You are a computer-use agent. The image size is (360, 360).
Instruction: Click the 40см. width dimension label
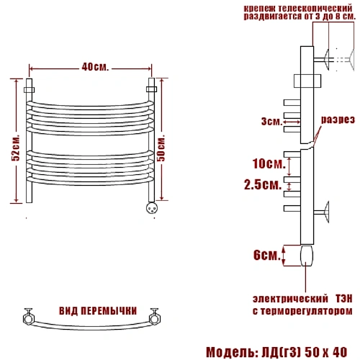coord(95,67)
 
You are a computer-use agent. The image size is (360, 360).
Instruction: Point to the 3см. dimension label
coord(272,122)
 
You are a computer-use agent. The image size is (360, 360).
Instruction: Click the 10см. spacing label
coord(269,163)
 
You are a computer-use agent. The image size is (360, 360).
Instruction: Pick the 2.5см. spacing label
coord(263,185)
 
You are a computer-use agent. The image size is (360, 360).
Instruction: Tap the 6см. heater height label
coord(267,255)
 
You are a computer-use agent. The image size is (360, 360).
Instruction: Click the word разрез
coord(338,120)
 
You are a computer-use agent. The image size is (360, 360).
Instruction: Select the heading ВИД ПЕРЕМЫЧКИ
coord(98,311)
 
